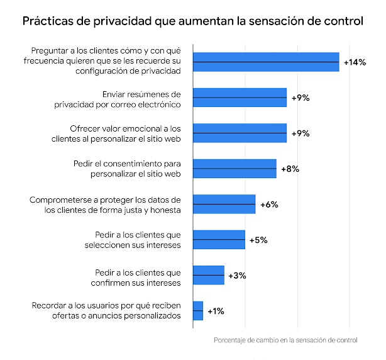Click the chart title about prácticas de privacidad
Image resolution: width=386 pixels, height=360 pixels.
coord(192,22)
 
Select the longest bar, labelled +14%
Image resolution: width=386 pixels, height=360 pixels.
coord(266,62)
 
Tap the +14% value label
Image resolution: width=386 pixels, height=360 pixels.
coord(354,62)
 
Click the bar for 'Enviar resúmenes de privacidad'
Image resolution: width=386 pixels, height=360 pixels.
coord(240,98)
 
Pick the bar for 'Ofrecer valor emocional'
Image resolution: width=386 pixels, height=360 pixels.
coord(240,133)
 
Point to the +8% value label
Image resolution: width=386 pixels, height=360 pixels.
coord(290,169)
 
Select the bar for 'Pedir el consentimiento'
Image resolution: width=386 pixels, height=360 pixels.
coord(234,169)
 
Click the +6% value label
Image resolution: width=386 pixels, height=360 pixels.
coord(269,205)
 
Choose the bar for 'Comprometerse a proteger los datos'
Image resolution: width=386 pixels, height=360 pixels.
coord(224,205)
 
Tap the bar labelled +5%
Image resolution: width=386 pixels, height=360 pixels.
coord(219,240)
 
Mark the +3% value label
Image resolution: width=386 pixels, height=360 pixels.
coord(238,276)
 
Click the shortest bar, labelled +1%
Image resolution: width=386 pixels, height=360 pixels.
coord(198,311)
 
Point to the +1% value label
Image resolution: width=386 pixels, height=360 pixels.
coord(216,311)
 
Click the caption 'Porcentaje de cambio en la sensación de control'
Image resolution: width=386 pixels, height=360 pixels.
coord(285,340)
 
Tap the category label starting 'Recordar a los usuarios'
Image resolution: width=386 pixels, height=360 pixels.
coord(106,311)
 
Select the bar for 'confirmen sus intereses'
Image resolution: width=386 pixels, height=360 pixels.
coord(208,276)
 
